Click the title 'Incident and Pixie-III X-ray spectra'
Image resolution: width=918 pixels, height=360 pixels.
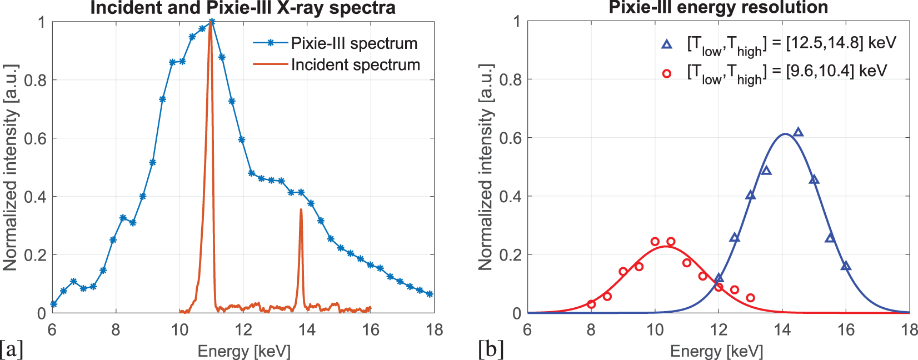tap(243, 8)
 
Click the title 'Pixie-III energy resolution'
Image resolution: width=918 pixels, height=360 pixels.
tap(718, 7)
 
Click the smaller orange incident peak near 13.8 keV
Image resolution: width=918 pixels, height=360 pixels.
tap(301, 210)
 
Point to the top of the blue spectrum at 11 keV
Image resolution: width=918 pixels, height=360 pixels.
tap(211, 22)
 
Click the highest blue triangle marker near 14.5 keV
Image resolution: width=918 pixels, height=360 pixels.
tap(798, 132)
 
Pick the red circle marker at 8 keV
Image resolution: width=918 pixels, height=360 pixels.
tap(591, 304)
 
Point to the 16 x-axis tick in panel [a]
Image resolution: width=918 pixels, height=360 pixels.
tap(371, 330)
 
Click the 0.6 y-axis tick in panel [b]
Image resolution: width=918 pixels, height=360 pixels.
tap(510, 138)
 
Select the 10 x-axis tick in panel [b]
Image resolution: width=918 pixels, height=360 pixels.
tap(655, 330)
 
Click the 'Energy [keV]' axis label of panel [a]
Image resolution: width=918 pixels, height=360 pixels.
tap(243, 351)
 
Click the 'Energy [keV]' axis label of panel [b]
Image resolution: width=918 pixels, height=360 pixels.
tap(716, 351)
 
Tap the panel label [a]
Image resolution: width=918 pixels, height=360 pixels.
tap(12, 349)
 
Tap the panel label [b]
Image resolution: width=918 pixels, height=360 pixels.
tap(491, 349)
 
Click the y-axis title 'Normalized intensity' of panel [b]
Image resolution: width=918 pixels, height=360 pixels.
tap(486, 167)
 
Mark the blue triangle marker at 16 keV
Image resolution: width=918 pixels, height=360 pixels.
tap(846, 266)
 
